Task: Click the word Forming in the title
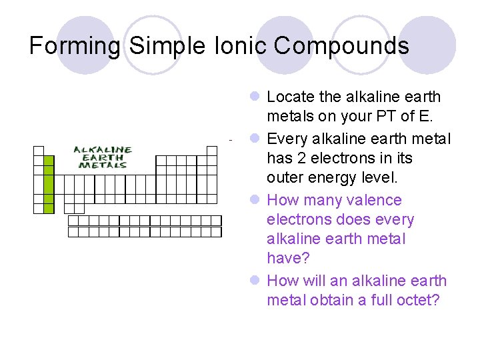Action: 75,46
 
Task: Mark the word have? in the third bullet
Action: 285,258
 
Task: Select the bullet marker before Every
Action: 255,139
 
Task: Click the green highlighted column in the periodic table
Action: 49,184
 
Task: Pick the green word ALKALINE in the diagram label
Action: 102,150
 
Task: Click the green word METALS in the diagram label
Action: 102,165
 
